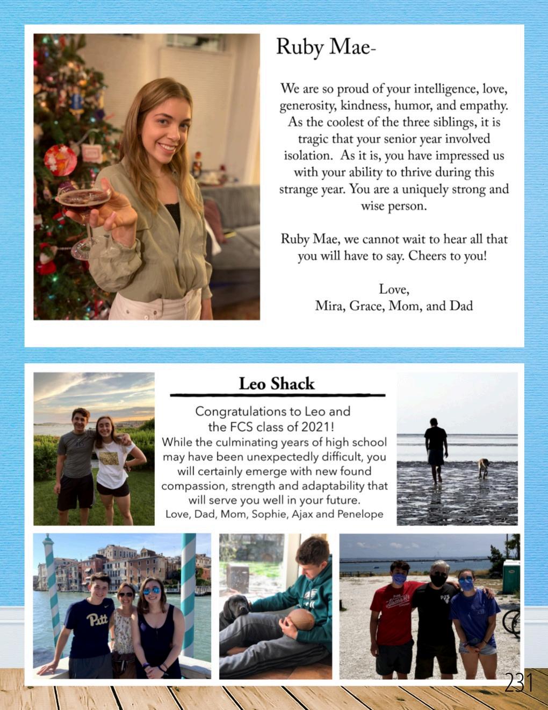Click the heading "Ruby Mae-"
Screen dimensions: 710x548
(325, 48)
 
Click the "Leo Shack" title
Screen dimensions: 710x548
(277, 384)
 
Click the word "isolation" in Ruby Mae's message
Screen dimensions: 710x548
(308, 156)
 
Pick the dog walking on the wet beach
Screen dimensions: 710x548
(484, 467)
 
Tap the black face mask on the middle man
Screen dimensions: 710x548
(438, 580)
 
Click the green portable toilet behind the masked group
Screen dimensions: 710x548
(511, 576)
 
